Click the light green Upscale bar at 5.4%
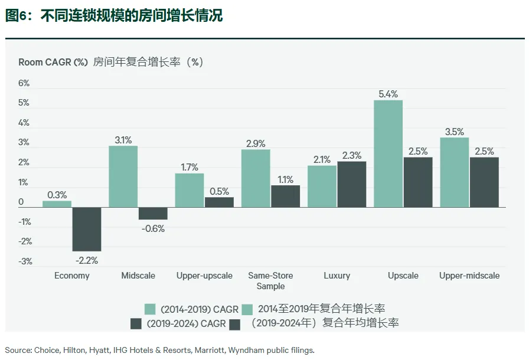tap(388, 153)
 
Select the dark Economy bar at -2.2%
tap(87, 229)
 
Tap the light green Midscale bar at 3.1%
tap(123, 176)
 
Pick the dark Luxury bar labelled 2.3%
tap(352, 184)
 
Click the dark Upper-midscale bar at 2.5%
tap(484, 182)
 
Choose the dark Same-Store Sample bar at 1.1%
tap(285, 196)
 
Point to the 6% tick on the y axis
tap(24, 83)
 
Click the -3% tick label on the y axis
tap(24, 261)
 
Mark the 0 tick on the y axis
tap(21, 202)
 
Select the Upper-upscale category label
tap(204, 276)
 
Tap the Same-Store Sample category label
tap(270, 281)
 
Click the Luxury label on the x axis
tap(337, 276)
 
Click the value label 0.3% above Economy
tap(57, 195)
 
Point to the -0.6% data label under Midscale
tap(153, 228)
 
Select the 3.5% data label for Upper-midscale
tap(454, 132)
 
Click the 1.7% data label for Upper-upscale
tap(190, 167)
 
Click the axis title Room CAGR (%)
tap(53, 62)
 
